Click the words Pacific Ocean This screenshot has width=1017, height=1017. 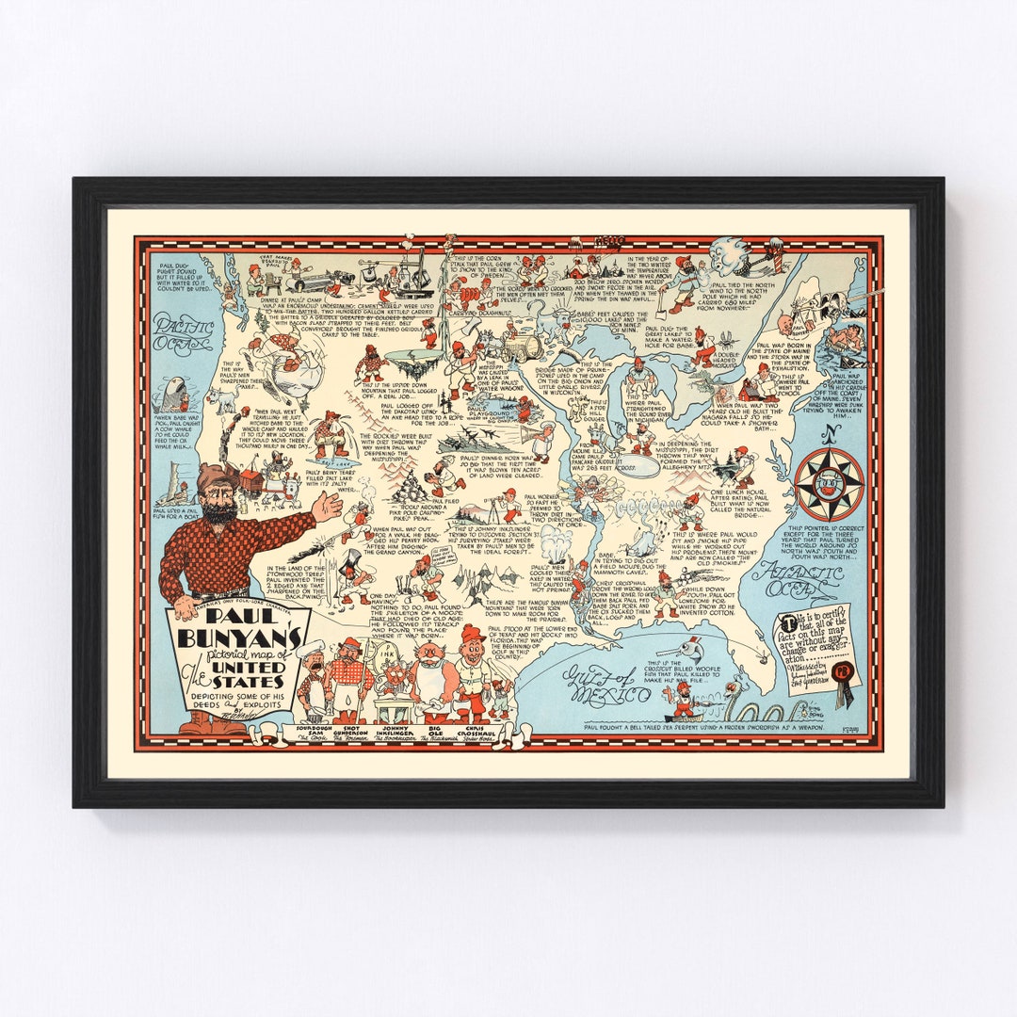pos(184,334)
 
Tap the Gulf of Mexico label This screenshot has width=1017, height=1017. pos(606,686)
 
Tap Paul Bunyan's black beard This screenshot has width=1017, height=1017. pos(218,512)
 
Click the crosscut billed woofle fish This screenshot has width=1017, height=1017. pos(698,649)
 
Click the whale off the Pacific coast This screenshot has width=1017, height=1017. pos(173,393)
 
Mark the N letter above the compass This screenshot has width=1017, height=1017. pos(828,435)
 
